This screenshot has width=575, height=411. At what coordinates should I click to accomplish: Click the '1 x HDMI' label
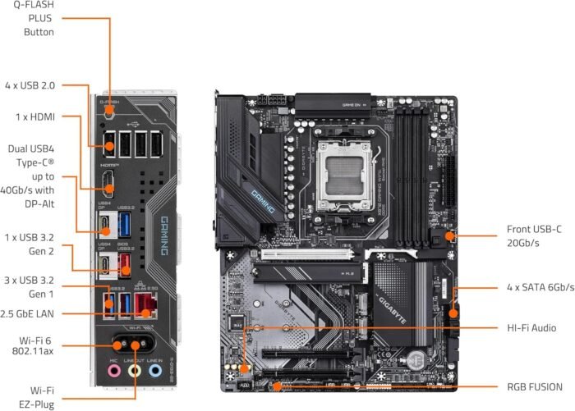coord(35,117)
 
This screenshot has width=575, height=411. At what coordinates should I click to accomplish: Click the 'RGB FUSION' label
coord(535,386)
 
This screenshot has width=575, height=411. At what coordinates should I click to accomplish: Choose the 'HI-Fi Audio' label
coord(531,327)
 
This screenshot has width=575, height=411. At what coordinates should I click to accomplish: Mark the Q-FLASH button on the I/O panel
coord(108,116)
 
